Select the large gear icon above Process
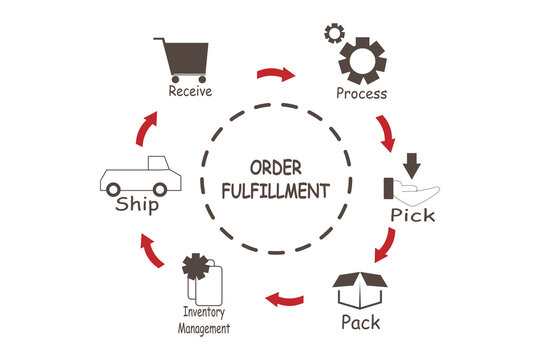[x=361, y=60]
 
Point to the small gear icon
[x=333, y=34]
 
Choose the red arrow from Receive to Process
[x=276, y=74]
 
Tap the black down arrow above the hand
[x=410, y=162]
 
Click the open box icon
[x=359, y=293]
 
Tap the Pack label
[x=360, y=323]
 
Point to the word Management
[x=204, y=327]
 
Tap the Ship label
[x=137, y=205]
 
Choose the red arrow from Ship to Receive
[x=147, y=127]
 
